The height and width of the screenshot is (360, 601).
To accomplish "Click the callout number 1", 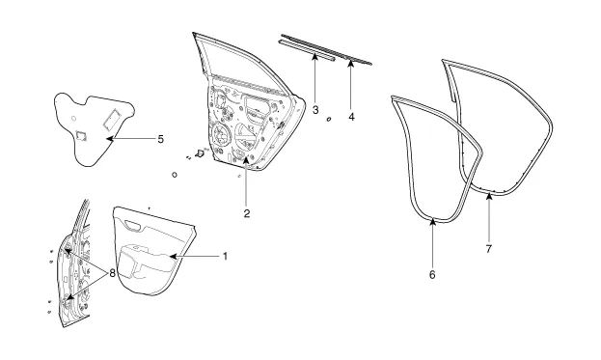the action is pyautogui.click(x=226, y=256).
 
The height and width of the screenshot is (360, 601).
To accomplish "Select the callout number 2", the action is pyautogui.click(x=247, y=213).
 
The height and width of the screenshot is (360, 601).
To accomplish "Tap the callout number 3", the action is pyautogui.click(x=315, y=110).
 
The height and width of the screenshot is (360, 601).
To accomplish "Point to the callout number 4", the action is pyautogui.click(x=351, y=117).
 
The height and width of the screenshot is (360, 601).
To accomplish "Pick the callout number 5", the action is pyautogui.click(x=160, y=139).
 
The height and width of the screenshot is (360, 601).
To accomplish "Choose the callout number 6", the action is pyautogui.click(x=432, y=274).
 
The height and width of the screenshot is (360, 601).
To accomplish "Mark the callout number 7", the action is pyautogui.click(x=489, y=249).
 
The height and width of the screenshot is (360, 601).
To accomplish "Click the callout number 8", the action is pyautogui.click(x=112, y=273).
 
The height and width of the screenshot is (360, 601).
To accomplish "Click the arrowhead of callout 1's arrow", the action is pyautogui.click(x=173, y=256).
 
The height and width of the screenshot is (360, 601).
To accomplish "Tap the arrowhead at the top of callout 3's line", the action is pyautogui.click(x=314, y=57).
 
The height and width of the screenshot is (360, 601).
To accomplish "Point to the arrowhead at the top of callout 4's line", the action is pyautogui.click(x=351, y=63).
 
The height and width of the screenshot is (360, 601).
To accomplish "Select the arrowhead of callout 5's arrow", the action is pyautogui.click(x=110, y=139).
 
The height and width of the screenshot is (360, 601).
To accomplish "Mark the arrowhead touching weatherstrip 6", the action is pyautogui.click(x=433, y=222).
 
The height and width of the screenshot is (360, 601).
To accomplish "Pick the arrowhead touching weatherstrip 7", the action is pyautogui.click(x=489, y=197).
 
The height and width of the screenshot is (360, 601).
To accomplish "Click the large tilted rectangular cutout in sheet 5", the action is pyautogui.click(x=111, y=118).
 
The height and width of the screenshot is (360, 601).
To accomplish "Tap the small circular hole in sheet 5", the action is pyautogui.click(x=74, y=118).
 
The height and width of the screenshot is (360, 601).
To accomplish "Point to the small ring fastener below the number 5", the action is pyautogui.click(x=175, y=175).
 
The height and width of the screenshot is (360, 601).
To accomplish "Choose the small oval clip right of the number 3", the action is pyautogui.click(x=329, y=120).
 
